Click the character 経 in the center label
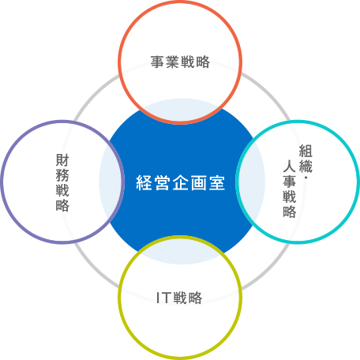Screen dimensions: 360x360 tap(144, 182)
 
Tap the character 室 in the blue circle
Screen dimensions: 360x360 tap(217, 182)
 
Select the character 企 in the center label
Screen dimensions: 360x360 tap(181, 182)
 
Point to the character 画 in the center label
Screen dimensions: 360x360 tap(199, 182)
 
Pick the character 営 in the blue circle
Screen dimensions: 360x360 tap(162, 182)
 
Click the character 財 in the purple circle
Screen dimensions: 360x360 tap(62, 160)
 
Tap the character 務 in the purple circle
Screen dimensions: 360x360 tap(62, 175)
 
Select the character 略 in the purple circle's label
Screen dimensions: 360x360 tap(62, 205)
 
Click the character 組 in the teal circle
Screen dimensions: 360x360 tap(306, 151)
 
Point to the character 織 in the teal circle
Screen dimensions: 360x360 tap(306, 166)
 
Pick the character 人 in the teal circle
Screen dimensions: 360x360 tap(290, 166)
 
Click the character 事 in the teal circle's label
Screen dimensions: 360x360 tap(290, 182)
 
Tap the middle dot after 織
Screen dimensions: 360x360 tap(306, 178)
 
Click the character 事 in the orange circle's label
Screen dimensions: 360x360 tap(157, 62)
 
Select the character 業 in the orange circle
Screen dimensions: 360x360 tap(173, 62)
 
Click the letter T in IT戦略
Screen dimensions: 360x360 tap(166, 298)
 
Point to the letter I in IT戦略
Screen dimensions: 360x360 tap(158, 298)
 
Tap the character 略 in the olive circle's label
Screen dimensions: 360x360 tap(196, 298)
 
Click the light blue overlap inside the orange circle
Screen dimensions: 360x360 tap(181, 111)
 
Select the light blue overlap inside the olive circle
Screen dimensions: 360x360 tap(181, 252)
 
